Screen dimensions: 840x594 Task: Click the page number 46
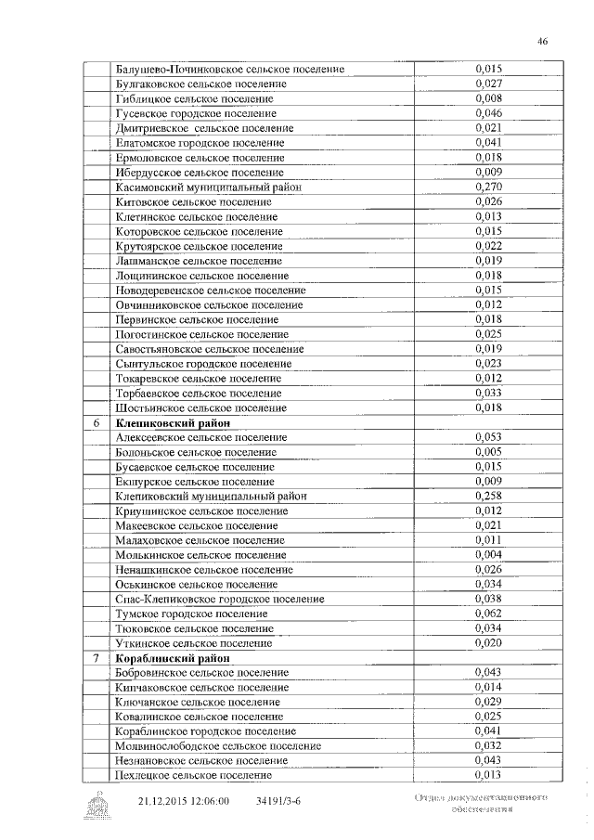point(543,41)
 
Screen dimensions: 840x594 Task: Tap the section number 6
point(96,422)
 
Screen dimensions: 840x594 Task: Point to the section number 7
point(96,658)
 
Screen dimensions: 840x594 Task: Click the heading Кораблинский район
point(169,658)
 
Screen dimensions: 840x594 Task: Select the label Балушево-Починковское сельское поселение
point(229,70)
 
